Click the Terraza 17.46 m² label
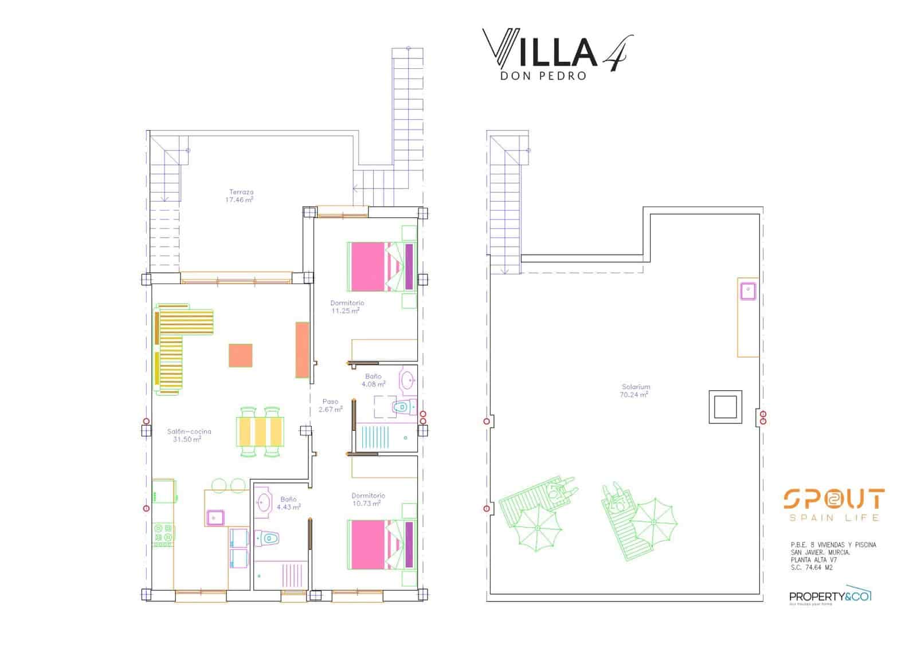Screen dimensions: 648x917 click(241, 196)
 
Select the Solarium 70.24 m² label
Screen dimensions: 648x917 click(634, 391)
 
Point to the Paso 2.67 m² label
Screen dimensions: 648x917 click(330, 406)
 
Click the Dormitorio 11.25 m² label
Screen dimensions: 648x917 click(346, 307)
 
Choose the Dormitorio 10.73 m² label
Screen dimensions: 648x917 click(367, 500)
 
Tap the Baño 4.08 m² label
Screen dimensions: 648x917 click(373, 380)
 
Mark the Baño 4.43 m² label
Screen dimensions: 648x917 click(288, 503)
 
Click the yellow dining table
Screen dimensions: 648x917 click(260, 431)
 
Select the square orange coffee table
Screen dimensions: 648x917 click(240, 355)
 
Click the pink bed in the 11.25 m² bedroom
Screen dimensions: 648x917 click(368, 266)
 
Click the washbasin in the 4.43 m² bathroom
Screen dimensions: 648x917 click(263, 502)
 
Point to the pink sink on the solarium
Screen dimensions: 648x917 click(747, 291)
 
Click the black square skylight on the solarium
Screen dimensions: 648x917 click(725, 407)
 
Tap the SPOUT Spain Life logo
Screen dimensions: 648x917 click(833, 505)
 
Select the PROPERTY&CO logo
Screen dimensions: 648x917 click(830, 596)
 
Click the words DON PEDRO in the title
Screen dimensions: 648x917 click(543, 76)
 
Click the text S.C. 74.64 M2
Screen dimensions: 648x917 click(812, 568)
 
